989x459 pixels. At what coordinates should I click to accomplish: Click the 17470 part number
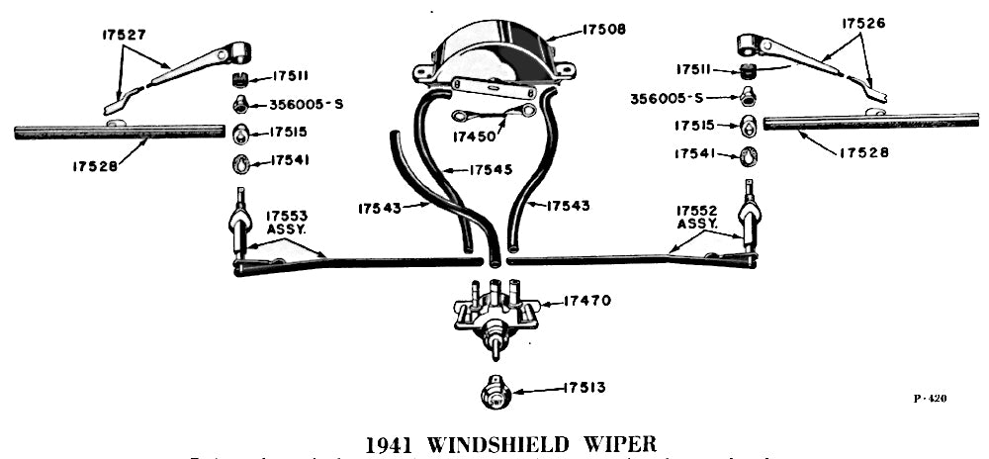point(590,300)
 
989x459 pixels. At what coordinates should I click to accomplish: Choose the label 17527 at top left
point(124,34)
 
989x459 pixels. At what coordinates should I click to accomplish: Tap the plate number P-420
point(930,399)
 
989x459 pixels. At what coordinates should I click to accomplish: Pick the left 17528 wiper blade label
point(95,166)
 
